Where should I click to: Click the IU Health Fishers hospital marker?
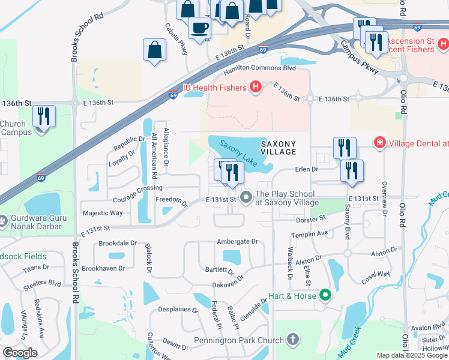[256, 88]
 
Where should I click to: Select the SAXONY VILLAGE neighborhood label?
[278, 148]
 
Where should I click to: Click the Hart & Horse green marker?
[325, 295]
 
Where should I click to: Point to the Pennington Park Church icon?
[293, 340]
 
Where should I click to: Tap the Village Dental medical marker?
[379, 143]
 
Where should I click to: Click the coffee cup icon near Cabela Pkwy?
[199, 28]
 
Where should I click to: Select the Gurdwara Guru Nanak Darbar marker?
[4, 220]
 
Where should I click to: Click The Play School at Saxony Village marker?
[246, 197]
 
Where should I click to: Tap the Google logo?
[20, 353]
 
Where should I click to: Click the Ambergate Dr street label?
[237, 241]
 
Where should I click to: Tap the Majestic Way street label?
[103, 213]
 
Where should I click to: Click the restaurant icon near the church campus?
[44, 116]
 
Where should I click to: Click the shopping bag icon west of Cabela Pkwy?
[155, 50]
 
